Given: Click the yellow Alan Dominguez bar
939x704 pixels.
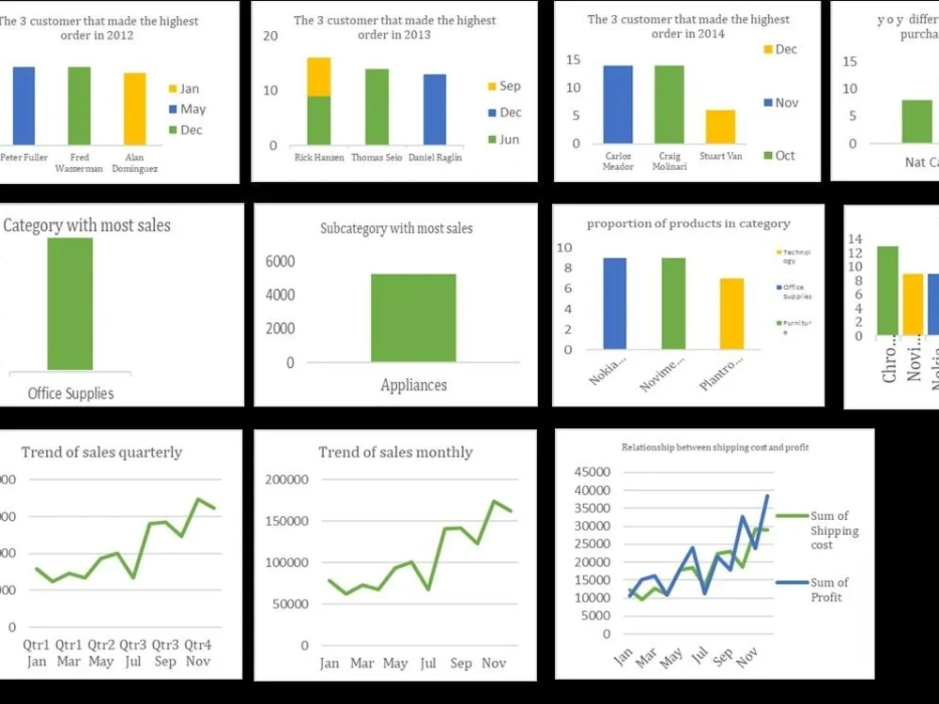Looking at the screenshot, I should tap(134, 108).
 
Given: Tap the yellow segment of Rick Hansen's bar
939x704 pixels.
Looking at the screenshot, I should tap(318, 76).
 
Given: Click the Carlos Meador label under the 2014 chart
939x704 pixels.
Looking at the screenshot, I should tap(618, 161).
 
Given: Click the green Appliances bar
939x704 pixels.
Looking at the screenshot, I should tap(413, 317).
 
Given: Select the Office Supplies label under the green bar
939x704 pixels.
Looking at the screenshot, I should tap(70, 393).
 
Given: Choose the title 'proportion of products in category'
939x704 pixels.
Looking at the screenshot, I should tap(688, 223).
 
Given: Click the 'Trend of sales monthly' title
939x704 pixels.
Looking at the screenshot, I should tap(395, 452).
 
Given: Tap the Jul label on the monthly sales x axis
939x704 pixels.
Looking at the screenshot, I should tap(428, 664).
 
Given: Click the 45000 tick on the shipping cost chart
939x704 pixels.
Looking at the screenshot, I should tap(591, 472).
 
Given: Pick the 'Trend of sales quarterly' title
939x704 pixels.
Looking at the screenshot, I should tap(101, 452).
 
